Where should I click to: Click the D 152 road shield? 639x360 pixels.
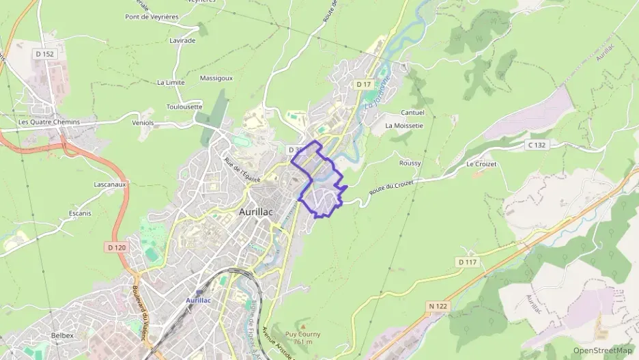click(44, 53)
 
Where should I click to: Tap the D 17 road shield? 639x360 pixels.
click(363, 84)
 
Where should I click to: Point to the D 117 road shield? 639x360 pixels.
click(468, 262)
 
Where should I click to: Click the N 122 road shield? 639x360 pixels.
click(438, 306)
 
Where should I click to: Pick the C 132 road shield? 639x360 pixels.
click(537, 145)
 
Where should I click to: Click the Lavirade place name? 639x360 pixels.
click(182, 40)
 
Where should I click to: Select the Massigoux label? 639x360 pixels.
click(216, 78)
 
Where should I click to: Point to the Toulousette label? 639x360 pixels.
click(184, 107)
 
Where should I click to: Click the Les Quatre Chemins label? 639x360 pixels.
click(49, 122)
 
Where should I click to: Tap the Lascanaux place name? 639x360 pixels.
click(110, 184)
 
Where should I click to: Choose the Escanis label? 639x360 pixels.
click(80, 213)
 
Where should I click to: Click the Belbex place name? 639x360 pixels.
click(62, 335)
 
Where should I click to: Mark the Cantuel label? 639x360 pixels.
click(412, 113)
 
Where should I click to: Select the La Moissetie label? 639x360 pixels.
click(403, 126)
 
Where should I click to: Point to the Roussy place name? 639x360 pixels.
click(410, 163)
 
